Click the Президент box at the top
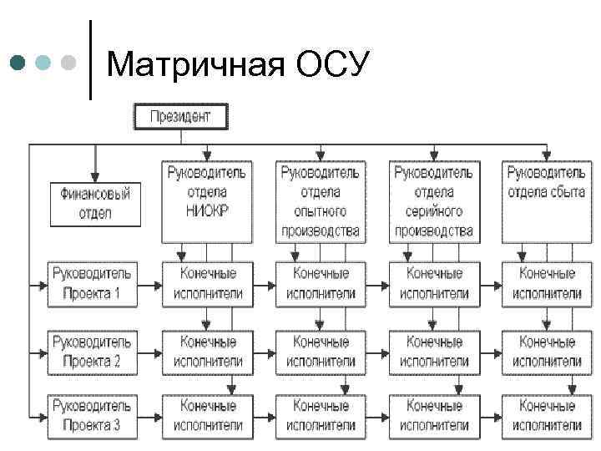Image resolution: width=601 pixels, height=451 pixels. pos(179,116)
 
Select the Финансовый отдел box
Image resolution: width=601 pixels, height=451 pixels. pos(95,203)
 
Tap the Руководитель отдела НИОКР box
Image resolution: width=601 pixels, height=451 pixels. pos(206,201)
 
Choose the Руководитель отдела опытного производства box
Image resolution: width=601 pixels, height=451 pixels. pos(320,201)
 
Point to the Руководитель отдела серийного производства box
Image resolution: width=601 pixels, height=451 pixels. pos(432,201)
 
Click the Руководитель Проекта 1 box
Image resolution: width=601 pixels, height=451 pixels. pos(91,283)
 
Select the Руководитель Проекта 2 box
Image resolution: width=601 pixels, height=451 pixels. pos(91,351)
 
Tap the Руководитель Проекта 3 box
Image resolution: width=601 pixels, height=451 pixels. pos(91,415)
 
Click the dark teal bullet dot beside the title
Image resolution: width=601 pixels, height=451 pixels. pos(19,63)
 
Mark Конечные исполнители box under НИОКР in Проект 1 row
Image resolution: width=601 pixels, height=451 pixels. pos(207,283)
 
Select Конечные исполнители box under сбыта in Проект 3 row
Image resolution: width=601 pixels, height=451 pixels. pos(546,415)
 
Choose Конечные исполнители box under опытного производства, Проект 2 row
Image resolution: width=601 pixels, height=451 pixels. pos(320,351)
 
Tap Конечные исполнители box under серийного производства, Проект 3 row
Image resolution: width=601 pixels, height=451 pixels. pos(433,415)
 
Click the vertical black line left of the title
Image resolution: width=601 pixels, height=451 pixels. pos(89,58)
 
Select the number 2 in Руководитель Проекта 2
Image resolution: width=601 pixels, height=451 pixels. pos(117,361)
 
